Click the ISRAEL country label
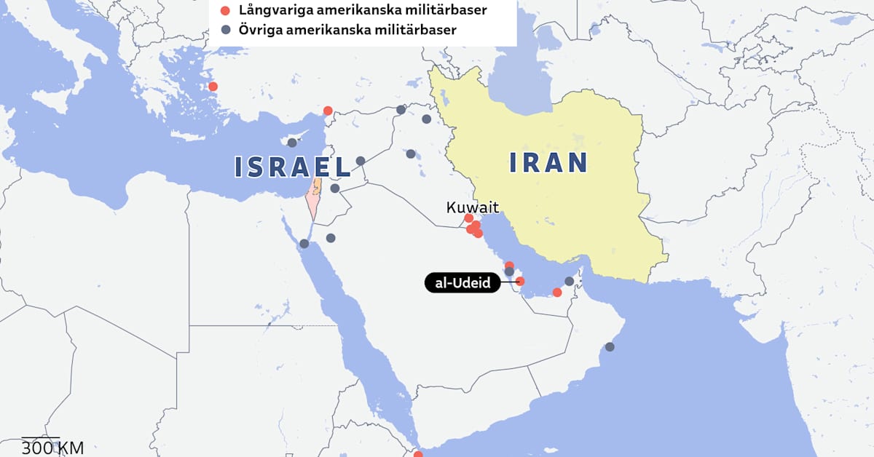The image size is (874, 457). pyautogui.click(x=293, y=167)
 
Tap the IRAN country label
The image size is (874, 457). pyautogui.click(x=548, y=162)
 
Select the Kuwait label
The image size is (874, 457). pyautogui.click(x=472, y=207)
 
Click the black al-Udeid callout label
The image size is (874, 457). pyautogui.click(x=462, y=282)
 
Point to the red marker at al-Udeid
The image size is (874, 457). pyautogui.click(x=520, y=281)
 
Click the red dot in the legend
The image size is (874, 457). pyautogui.click(x=226, y=11)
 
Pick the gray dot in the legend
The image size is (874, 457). pyautogui.click(x=226, y=30)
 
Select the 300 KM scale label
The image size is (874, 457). pyautogui.click(x=52, y=448)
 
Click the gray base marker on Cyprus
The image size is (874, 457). pyautogui.click(x=292, y=143)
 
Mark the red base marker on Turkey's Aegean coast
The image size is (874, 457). pyautogui.click(x=213, y=87)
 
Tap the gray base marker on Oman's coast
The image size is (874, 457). pyautogui.click(x=610, y=347)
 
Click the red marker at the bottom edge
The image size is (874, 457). pyautogui.click(x=418, y=454)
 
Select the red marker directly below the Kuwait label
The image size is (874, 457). pyautogui.click(x=469, y=218)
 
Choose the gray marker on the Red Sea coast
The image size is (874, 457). pyautogui.click(x=304, y=244)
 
